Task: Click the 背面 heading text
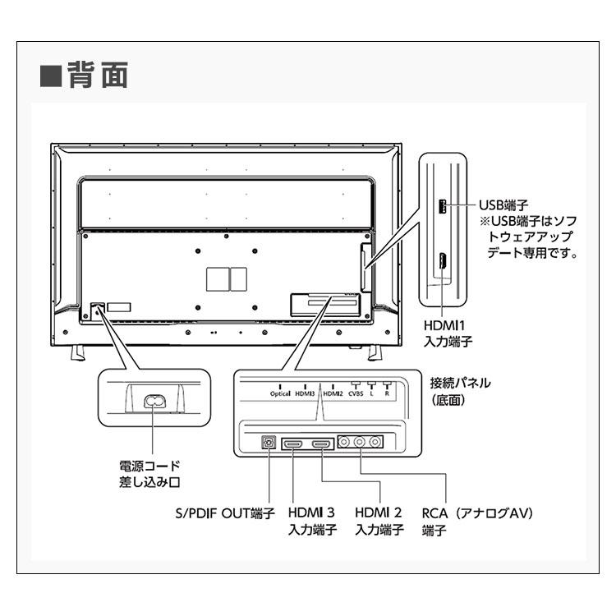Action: (x=98, y=75)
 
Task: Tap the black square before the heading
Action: (x=51, y=76)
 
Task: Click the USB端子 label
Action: (x=503, y=205)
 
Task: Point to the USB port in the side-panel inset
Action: (x=443, y=206)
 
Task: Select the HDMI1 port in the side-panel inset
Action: (x=443, y=261)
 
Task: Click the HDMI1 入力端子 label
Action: (x=448, y=333)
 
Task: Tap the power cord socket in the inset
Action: (x=154, y=401)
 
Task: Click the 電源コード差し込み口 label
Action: (x=149, y=474)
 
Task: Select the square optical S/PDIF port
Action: (x=269, y=443)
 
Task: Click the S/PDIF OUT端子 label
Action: (x=225, y=513)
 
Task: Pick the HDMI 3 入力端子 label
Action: (x=312, y=521)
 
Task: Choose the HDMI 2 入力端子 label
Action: (x=379, y=521)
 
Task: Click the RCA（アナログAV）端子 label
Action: (x=477, y=521)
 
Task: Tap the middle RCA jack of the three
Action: (x=360, y=442)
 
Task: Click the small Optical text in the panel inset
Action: (x=280, y=393)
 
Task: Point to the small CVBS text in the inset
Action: (x=356, y=393)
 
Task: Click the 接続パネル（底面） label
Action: (x=460, y=391)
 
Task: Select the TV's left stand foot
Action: (x=78, y=353)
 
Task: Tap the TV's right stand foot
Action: (x=375, y=353)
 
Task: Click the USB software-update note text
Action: (x=529, y=237)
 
